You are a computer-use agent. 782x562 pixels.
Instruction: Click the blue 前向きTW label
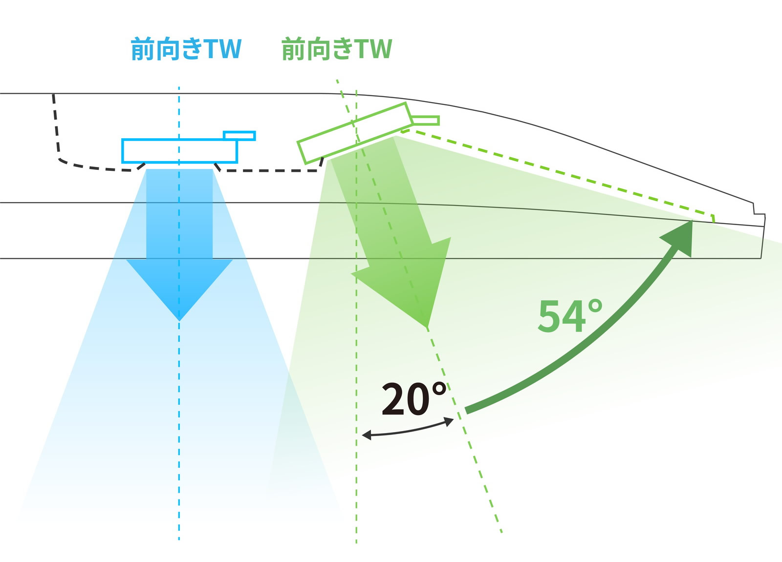click(x=186, y=48)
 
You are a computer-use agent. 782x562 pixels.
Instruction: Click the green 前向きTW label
click(x=337, y=48)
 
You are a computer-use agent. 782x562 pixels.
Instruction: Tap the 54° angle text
click(x=570, y=316)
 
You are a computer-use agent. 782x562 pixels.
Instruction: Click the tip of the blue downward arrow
click(x=179, y=320)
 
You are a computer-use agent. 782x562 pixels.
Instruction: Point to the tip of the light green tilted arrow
click(x=427, y=327)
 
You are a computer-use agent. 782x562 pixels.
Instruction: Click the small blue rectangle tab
click(x=239, y=135)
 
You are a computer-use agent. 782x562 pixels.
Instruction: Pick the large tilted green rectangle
click(x=355, y=133)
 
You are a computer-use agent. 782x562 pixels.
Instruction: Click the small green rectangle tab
click(x=425, y=120)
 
